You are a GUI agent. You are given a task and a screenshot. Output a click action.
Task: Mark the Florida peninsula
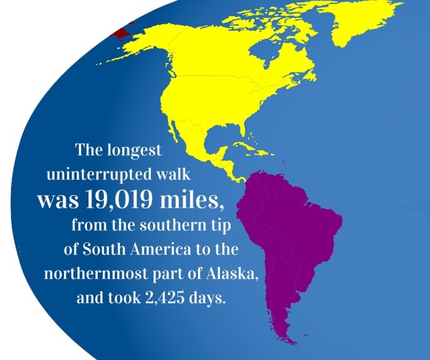tap(241, 140)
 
